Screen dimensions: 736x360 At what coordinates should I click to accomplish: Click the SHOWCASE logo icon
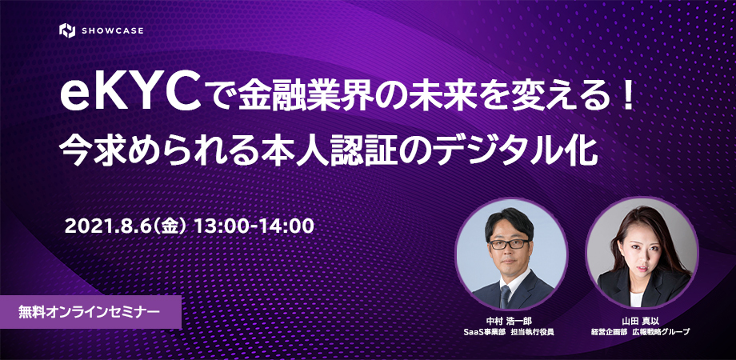point(67,30)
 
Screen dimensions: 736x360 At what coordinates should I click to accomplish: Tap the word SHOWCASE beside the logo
point(113,31)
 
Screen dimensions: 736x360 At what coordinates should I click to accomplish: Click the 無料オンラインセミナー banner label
point(88,312)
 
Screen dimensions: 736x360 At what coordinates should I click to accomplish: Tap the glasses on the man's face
point(509,244)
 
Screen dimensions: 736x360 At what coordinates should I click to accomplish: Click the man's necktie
point(505,297)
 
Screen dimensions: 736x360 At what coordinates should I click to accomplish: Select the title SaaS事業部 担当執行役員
point(509,332)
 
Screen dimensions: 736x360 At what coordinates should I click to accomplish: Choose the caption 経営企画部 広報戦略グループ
point(640,332)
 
